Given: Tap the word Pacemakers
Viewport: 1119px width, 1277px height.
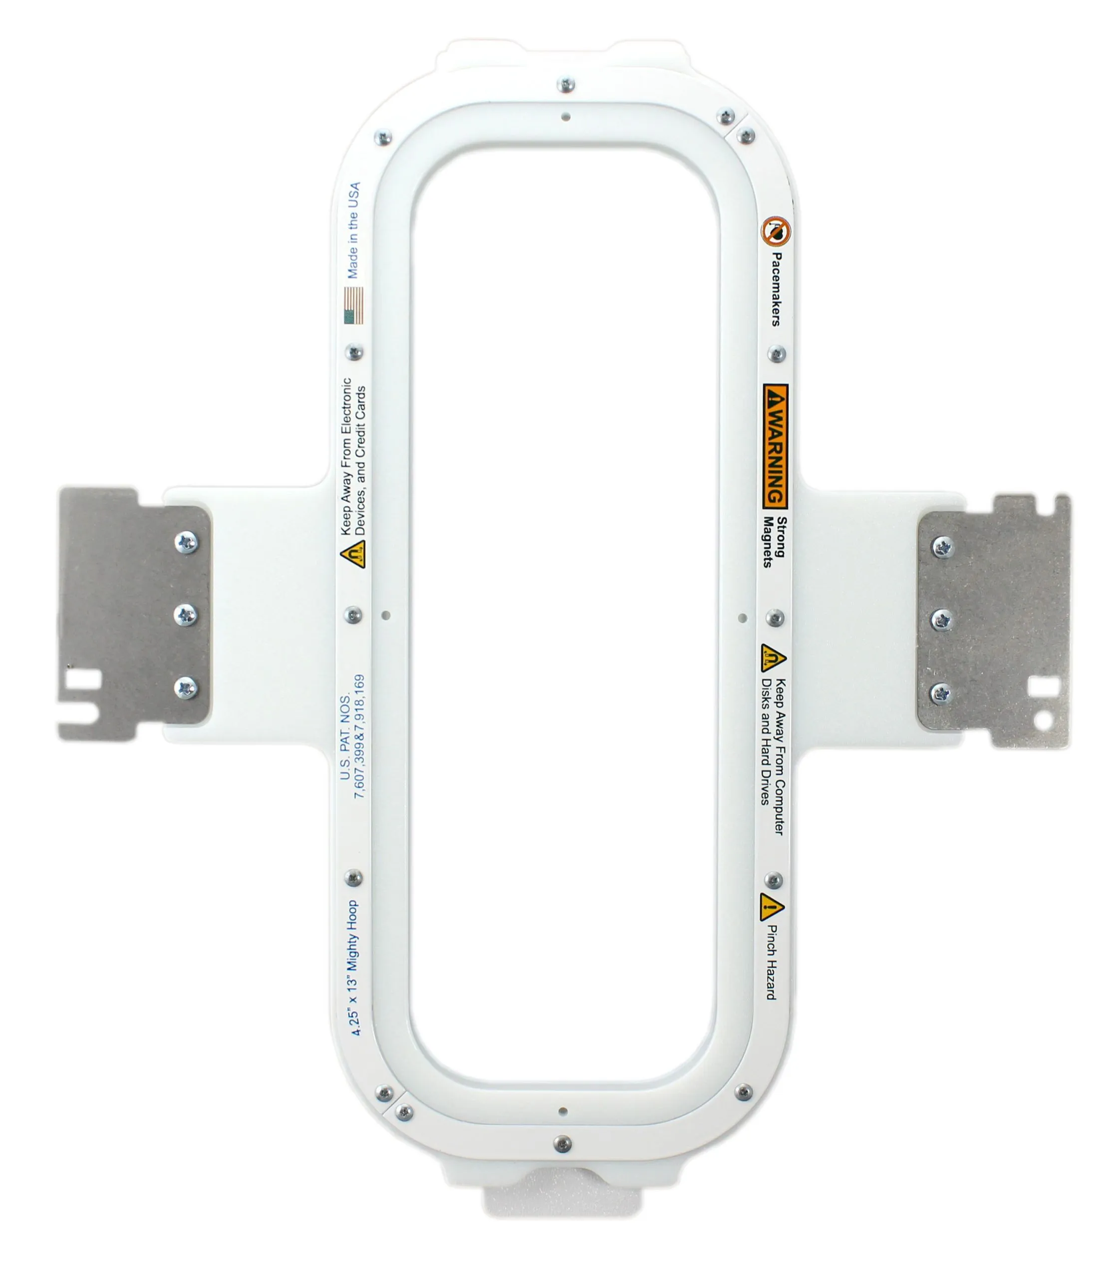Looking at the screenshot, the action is (776, 289).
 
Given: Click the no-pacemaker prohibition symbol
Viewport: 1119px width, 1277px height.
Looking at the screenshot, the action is (776, 231).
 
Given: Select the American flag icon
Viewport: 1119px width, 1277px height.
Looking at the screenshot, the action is (353, 305).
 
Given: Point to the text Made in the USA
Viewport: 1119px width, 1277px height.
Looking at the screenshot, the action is (353, 230).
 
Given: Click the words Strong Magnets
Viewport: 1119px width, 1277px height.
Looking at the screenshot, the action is (774, 542).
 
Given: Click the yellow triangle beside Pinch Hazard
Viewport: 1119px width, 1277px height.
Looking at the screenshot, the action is (771, 907).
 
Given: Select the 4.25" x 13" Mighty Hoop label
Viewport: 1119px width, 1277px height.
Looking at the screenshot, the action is (353, 967).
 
